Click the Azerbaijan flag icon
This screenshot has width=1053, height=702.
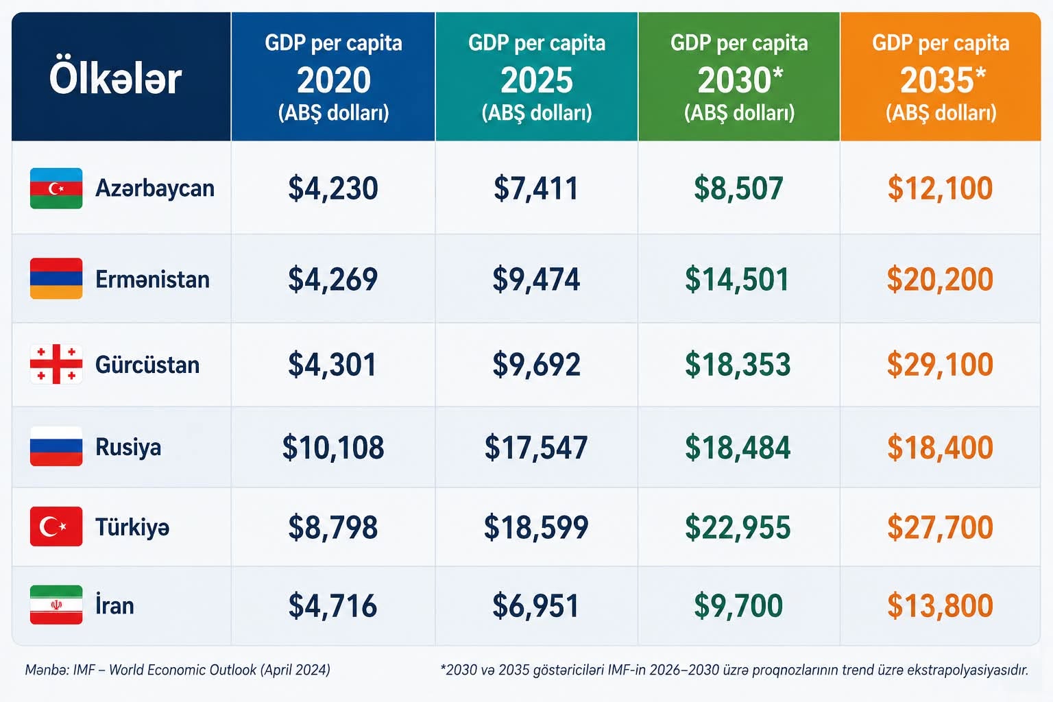(x=56, y=188)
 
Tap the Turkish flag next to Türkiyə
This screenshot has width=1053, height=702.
(x=56, y=526)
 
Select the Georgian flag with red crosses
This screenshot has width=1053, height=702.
(x=56, y=364)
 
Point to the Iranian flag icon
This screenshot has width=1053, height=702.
(x=56, y=605)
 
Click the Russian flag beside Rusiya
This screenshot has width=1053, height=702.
(x=56, y=446)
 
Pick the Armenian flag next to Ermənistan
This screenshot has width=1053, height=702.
(x=56, y=278)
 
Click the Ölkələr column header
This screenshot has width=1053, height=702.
(x=115, y=79)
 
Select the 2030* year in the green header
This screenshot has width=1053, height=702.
(x=740, y=80)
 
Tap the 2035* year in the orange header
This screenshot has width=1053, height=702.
(x=943, y=80)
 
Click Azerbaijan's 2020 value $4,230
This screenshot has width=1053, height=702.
(x=332, y=188)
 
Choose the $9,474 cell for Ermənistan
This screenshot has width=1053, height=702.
(x=536, y=279)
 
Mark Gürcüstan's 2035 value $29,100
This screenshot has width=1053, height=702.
(x=940, y=365)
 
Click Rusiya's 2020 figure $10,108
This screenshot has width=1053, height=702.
(x=332, y=447)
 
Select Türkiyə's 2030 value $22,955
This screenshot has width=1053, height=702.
(x=738, y=526)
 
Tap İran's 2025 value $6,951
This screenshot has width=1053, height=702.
(x=536, y=605)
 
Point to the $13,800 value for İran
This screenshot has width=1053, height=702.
(x=940, y=605)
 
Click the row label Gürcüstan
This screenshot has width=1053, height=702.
(x=147, y=365)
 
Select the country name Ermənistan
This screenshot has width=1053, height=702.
(x=153, y=279)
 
